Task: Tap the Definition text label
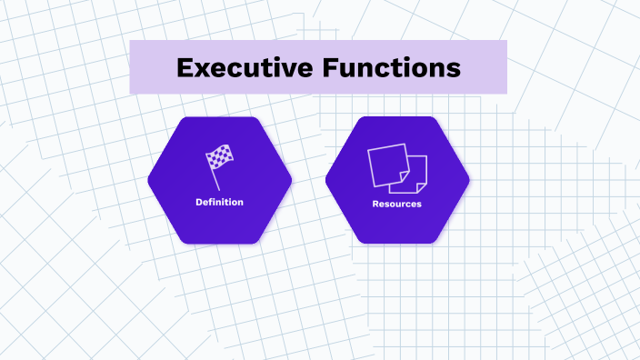[219, 202]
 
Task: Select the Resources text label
[397, 204]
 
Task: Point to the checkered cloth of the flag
[219, 157]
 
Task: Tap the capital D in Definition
[198, 202]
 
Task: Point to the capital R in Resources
[375, 204]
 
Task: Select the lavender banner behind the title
[145, 67]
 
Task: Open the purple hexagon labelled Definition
[219, 223]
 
